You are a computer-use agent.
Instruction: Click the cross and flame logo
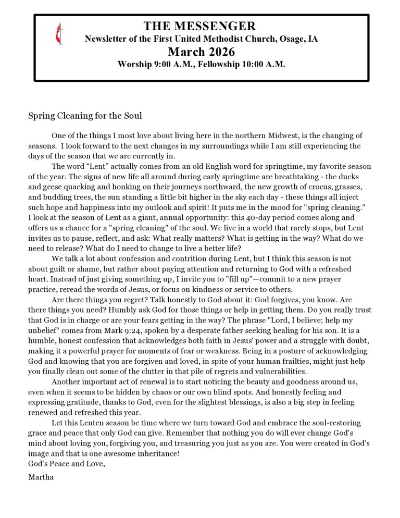(56, 35)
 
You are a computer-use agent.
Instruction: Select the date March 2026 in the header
(201, 52)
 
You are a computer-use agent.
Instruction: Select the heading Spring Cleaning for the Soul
(85, 116)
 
